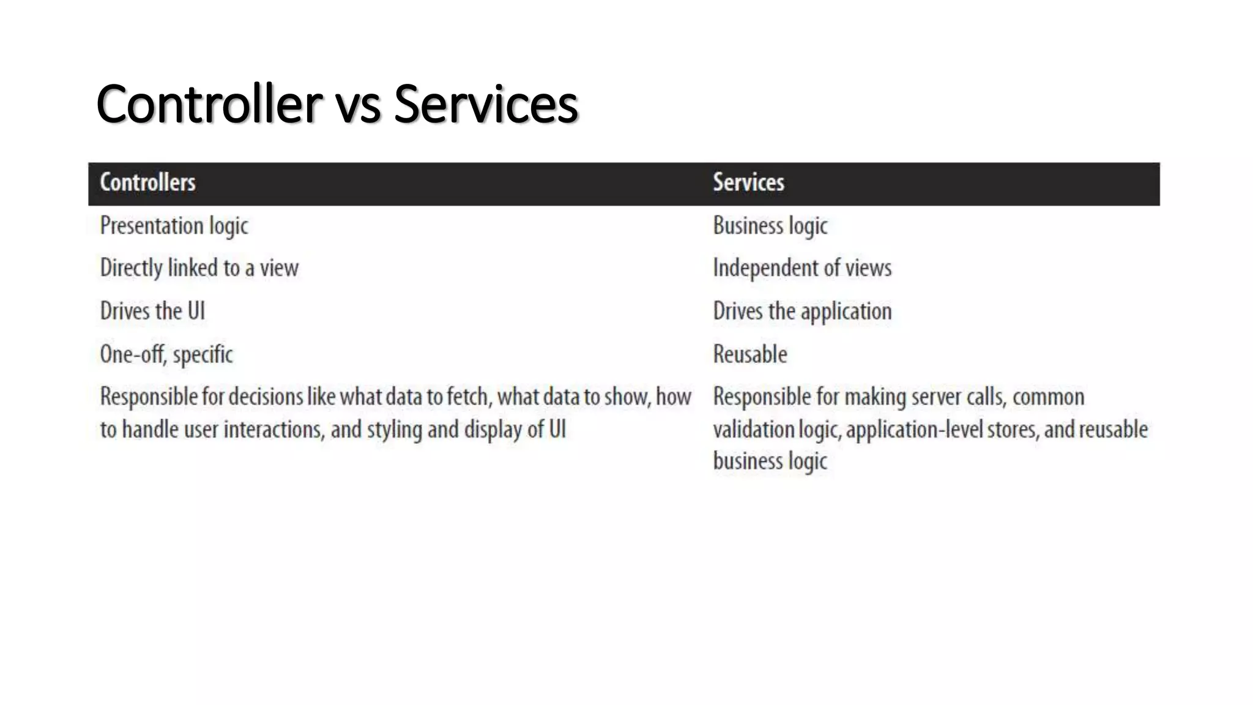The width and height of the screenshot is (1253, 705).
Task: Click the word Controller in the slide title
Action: coord(209,104)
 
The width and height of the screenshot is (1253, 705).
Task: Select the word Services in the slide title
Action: coord(486,104)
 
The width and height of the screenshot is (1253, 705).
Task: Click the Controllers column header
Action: coord(147,182)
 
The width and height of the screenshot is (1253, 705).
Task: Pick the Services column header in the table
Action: coord(748,182)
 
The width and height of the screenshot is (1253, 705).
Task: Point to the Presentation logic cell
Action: coord(174,226)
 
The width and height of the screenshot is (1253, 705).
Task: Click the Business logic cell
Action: coord(770,226)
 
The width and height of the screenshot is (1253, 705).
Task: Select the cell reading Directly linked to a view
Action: coord(199,268)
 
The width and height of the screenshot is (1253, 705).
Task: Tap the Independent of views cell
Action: coord(802,268)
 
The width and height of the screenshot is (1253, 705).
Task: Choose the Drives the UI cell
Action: coord(152,311)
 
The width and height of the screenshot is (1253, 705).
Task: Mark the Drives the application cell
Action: coord(802,311)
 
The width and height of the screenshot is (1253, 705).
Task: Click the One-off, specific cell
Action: coord(166,354)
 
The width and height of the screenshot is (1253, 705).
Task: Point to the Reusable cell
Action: coord(750,354)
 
